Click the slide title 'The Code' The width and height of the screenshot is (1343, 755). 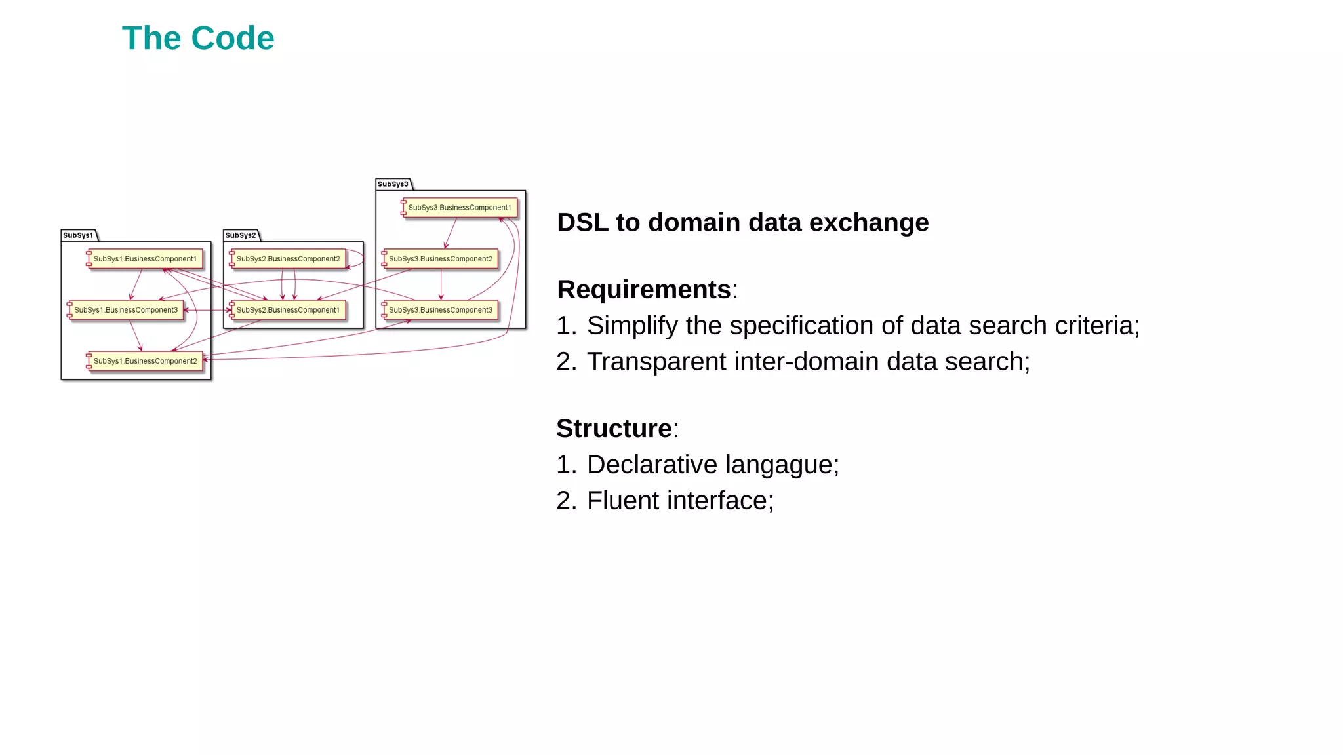coord(198,38)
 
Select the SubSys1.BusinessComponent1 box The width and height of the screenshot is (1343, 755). coord(145,259)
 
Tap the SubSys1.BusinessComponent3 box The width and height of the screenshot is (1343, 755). coord(126,310)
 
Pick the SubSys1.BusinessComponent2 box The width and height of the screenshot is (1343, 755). coord(145,361)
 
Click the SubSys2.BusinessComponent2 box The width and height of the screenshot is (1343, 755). coord(288,259)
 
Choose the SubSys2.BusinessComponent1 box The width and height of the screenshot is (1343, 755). coord(288,310)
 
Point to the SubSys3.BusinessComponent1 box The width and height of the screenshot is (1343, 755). coord(459,208)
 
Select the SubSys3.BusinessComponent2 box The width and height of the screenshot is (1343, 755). coord(440,259)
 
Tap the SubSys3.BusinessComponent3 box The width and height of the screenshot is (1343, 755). coord(440,310)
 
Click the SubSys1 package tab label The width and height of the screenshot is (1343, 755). coord(78,235)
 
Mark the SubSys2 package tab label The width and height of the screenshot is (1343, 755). coord(241,235)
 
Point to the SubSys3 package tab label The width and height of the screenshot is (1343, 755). coord(393,184)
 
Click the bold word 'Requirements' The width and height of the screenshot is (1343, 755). coord(644,290)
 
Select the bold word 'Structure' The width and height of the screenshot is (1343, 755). coord(614,429)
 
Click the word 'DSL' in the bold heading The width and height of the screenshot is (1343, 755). coord(583,223)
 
